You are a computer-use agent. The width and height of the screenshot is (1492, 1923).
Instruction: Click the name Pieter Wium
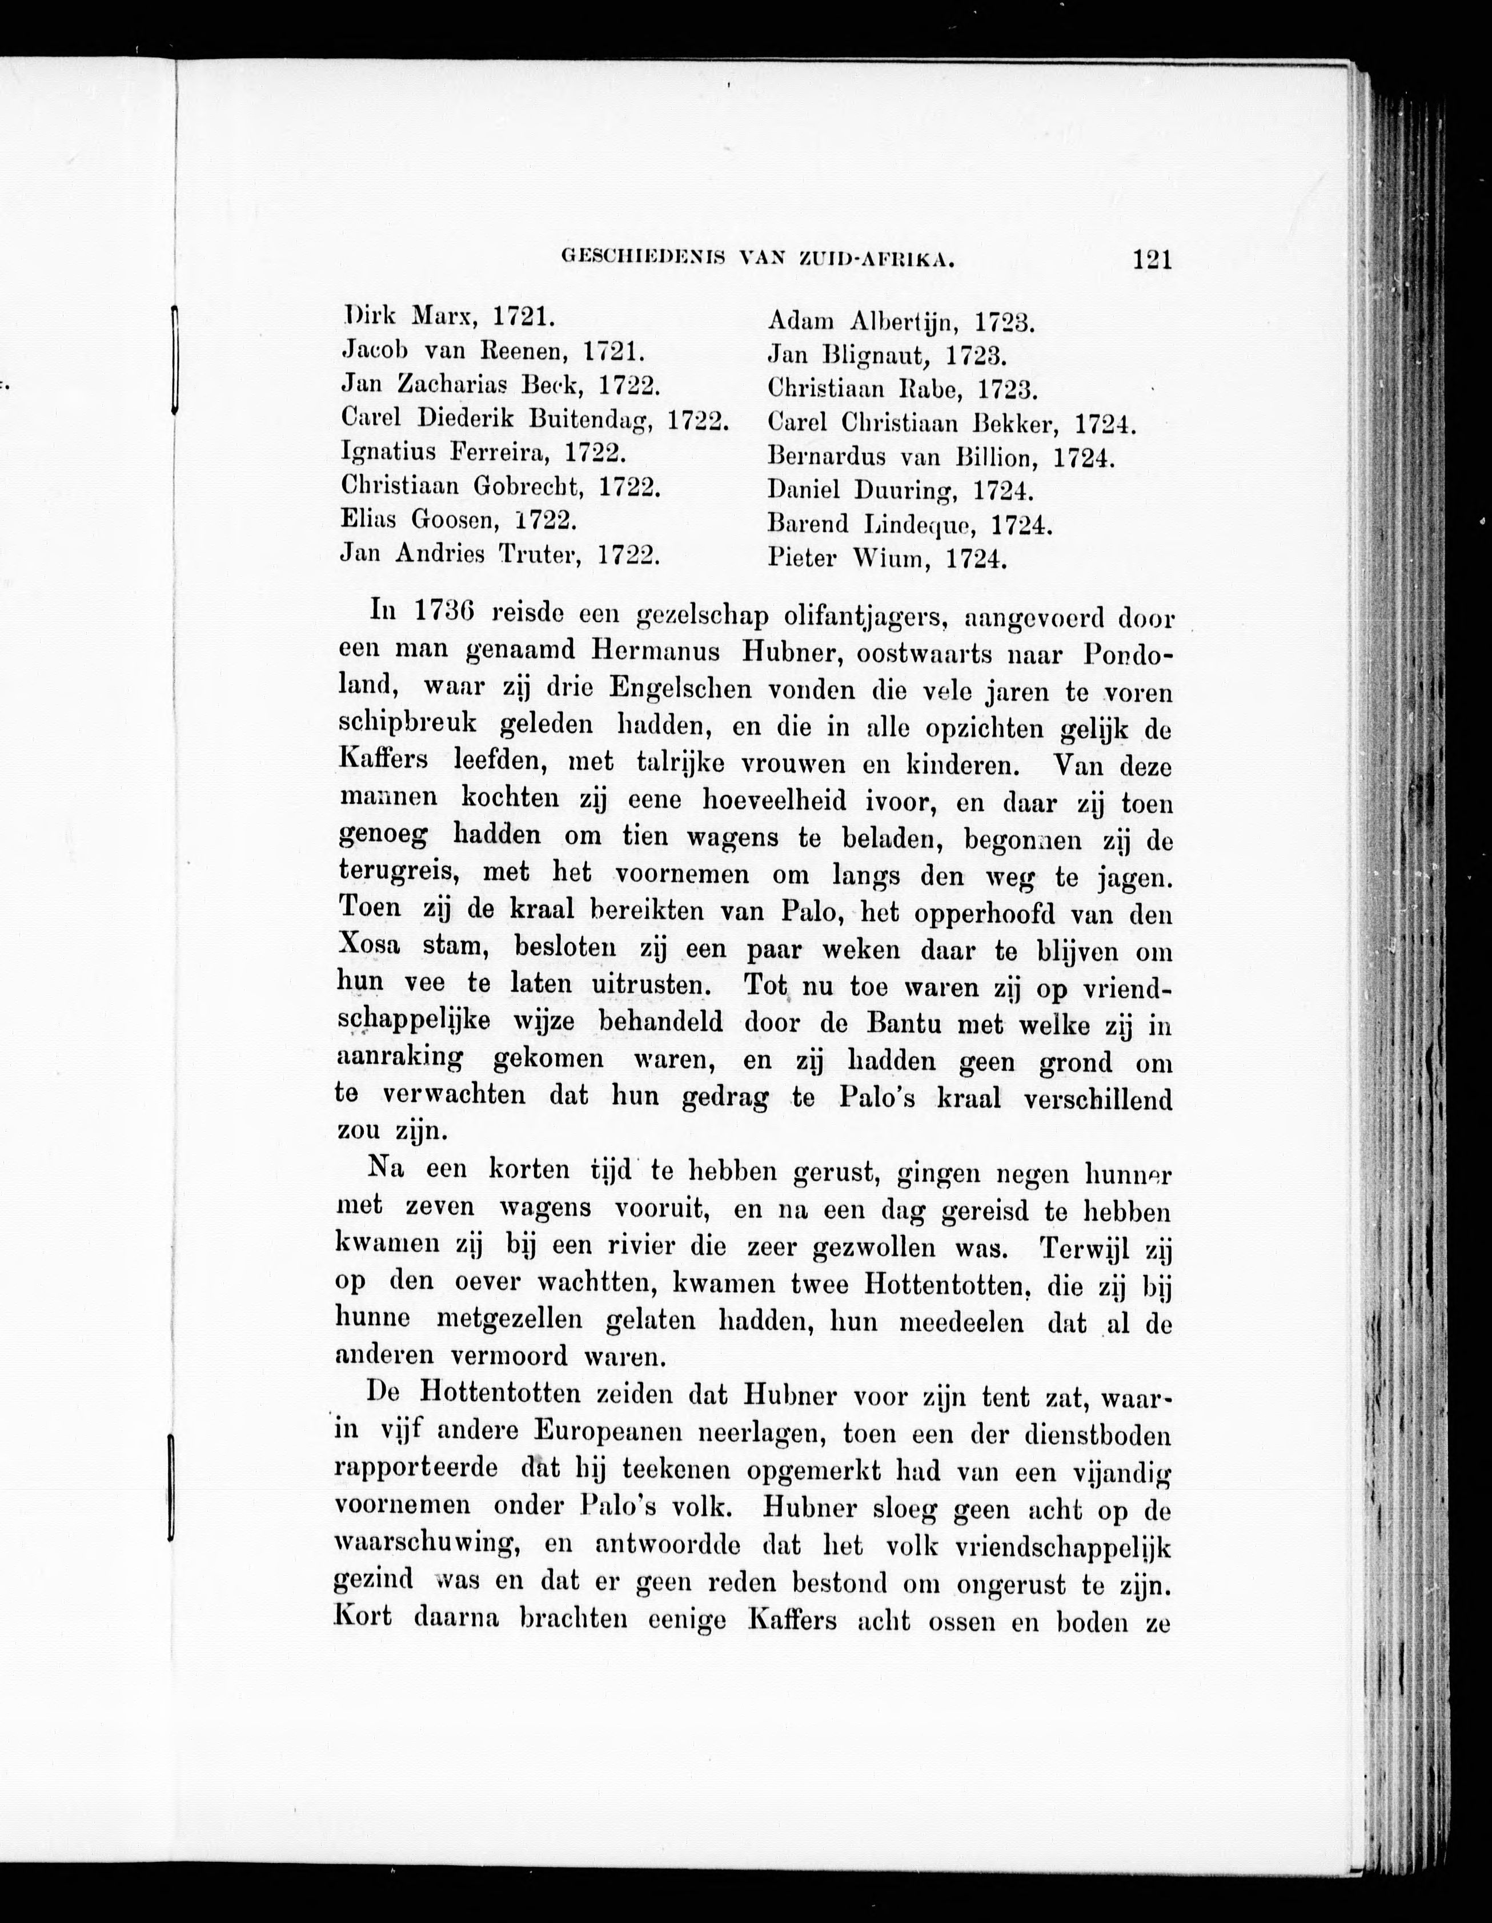849,559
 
